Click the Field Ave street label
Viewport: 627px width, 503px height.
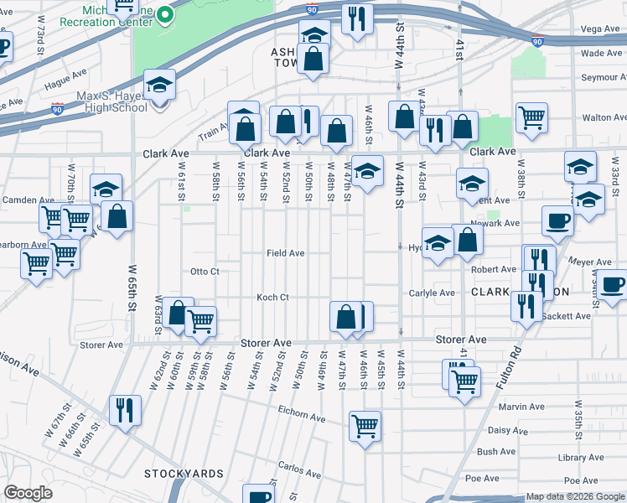285,252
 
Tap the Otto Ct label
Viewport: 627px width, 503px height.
205,272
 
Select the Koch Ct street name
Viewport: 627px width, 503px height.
272,297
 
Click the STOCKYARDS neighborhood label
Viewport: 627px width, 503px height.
184,474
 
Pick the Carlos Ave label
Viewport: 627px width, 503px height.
301,468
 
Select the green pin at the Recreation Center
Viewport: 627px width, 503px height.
166,14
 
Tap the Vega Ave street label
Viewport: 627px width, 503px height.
600,29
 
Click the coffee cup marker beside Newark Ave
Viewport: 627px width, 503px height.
558,222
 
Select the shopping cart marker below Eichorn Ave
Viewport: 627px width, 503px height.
365,427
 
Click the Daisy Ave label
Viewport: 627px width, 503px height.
507,430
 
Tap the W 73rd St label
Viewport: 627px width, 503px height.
40,49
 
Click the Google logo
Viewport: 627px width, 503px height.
28,494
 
